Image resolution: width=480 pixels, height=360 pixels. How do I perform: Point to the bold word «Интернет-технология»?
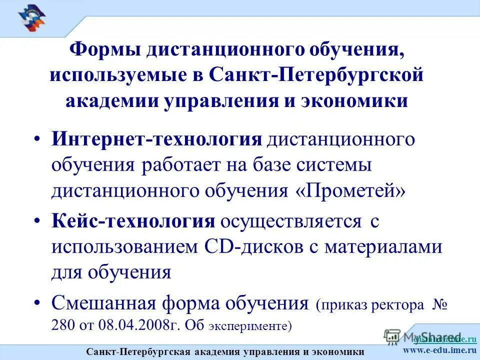click(x=157, y=139)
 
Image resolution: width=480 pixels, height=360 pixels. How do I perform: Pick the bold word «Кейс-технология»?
click(x=133, y=221)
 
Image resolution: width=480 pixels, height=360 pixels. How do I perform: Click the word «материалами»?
click(x=385, y=247)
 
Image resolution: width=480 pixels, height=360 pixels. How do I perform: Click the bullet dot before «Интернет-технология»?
click(x=38, y=140)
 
